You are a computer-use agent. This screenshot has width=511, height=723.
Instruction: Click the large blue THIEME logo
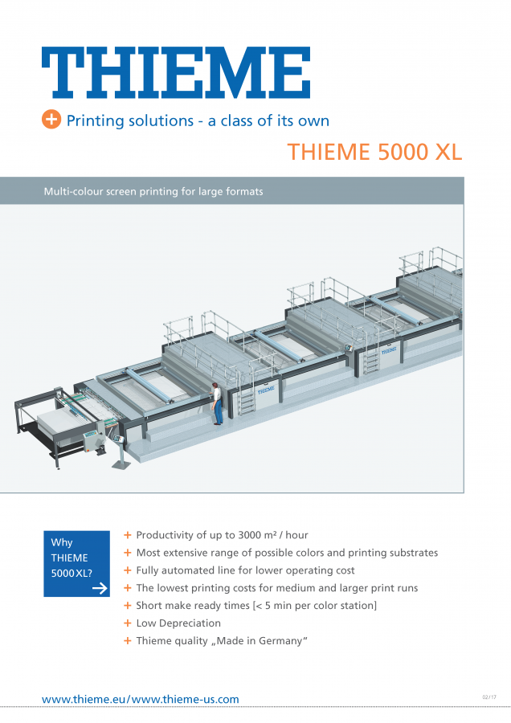pyautogui.click(x=176, y=72)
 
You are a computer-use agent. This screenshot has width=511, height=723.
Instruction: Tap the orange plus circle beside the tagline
pyautogui.click(x=51, y=120)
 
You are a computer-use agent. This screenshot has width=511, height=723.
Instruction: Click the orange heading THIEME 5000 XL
pyautogui.click(x=374, y=152)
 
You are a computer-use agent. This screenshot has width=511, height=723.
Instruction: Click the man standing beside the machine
pyautogui.click(x=217, y=403)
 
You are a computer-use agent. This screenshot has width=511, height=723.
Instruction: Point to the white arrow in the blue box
pyautogui.click(x=100, y=588)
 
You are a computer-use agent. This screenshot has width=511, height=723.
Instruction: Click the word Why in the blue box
pyautogui.click(x=62, y=543)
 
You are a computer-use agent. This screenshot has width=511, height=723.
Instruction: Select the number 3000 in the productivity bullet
pyautogui.click(x=249, y=535)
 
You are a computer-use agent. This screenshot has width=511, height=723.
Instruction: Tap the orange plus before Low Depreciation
pyautogui.click(x=128, y=623)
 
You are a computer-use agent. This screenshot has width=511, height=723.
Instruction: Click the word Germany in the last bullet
pyautogui.click(x=280, y=641)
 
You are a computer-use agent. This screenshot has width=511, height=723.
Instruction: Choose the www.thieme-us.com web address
pyautogui.click(x=186, y=699)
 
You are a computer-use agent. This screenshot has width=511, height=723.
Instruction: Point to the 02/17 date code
pyautogui.click(x=489, y=697)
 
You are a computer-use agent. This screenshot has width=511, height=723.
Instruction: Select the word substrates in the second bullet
pyautogui.click(x=412, y=553)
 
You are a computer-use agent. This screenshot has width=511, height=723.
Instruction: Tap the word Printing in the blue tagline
pyautogui.click(x=95, y=120)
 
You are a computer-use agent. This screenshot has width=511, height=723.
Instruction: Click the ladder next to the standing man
pyautogui.click(x=246, y=400)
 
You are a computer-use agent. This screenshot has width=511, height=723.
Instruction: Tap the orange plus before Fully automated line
pyautogui.click(x=128, y=570)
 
